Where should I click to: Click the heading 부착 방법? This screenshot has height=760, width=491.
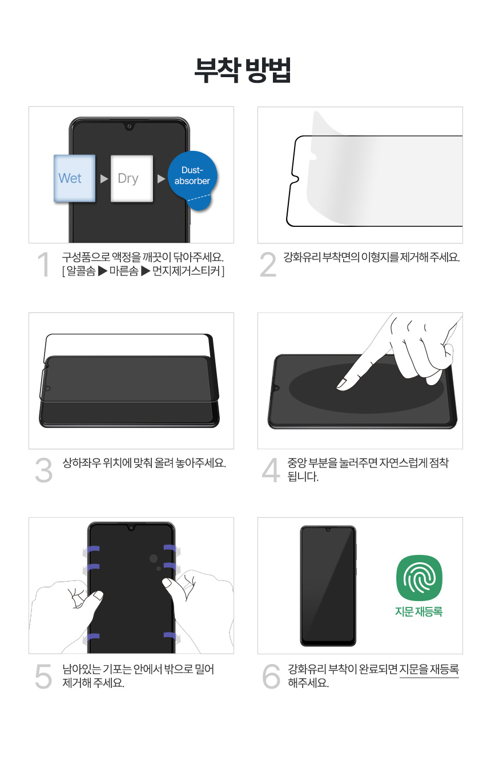(243, 70)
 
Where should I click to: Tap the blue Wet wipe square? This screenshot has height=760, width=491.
(75, 178)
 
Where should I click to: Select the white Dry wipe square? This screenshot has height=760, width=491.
(132, 178)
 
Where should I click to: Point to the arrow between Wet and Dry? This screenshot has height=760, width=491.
(104, 178)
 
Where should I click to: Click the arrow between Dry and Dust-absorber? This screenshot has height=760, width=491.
(161, 178)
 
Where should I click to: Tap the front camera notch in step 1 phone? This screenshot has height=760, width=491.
(129, 126)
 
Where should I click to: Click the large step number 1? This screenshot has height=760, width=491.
(44, 264)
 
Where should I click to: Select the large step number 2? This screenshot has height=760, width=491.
(268, 265)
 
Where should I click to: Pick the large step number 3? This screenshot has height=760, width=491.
(44, 470)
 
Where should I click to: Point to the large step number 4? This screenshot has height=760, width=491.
(271, 470)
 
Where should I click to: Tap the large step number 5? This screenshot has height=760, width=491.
(44, 677)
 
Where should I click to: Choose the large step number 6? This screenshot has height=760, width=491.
(271, 677)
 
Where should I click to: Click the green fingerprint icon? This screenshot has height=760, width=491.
(419, 578)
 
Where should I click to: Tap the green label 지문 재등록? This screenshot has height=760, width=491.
(419, 611)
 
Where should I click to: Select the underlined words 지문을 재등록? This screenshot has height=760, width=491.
(429, 670)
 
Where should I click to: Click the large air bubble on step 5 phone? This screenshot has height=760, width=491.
(154, 558)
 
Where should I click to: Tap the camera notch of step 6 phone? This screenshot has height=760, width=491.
(328, 530)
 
